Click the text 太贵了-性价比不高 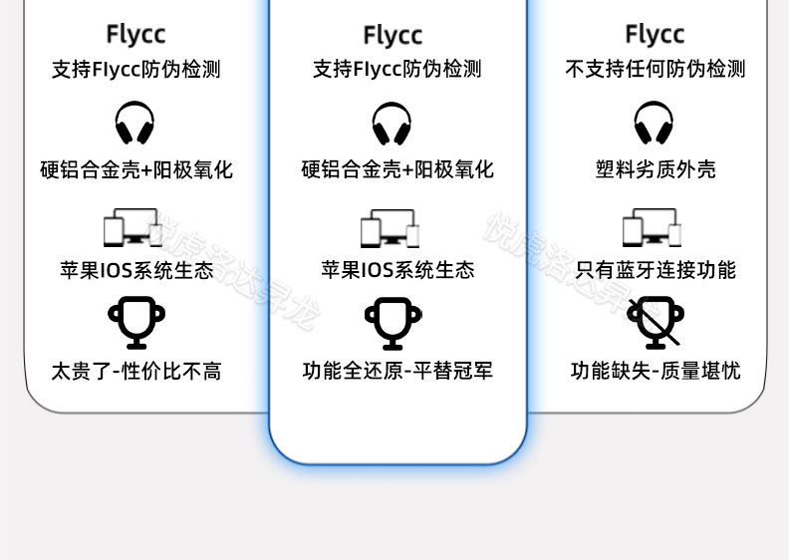pyautogui.click(x=136, y=372)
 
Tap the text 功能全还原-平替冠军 pyautogui.click(x=397, y=372)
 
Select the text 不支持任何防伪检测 pyautogui.click(x=655, y=69)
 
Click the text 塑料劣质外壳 pyautogui.click(x=655, y=169)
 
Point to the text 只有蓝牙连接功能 pyautogui.click(x=655, y=270)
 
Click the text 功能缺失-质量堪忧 pyautogui.click(x=655, y=372)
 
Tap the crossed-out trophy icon pyautogui.click(x=655, y=320)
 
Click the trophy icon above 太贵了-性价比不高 pyautogui.click(x=136, y=321)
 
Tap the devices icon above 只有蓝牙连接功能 pyautogui.click(x=652, y=227)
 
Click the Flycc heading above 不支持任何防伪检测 pyautogui.click(x=655, y=34)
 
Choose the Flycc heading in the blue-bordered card pyautogui.click(x=393, y=35)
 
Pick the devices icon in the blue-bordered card pyautogui.click(x=390, y=228)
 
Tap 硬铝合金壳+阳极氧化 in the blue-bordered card pyautogui.click(x=397, y=169)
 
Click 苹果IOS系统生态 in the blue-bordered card pyautogui.click(x=397, y=270)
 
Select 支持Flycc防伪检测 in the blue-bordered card pyautogui.click(x=397, y=69)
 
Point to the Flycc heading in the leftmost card pyautogui.click(x=135, y=34)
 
